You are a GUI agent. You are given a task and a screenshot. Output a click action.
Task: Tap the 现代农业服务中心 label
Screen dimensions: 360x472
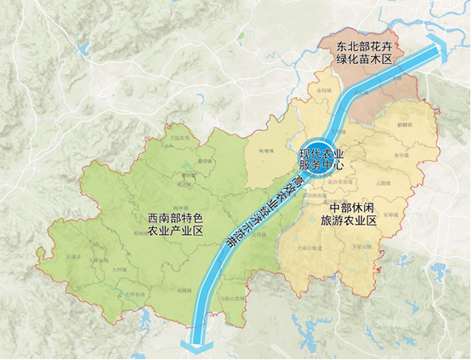(x=326, y=159)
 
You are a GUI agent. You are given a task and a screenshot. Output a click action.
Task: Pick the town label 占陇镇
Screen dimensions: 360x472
(x=384, y=183)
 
